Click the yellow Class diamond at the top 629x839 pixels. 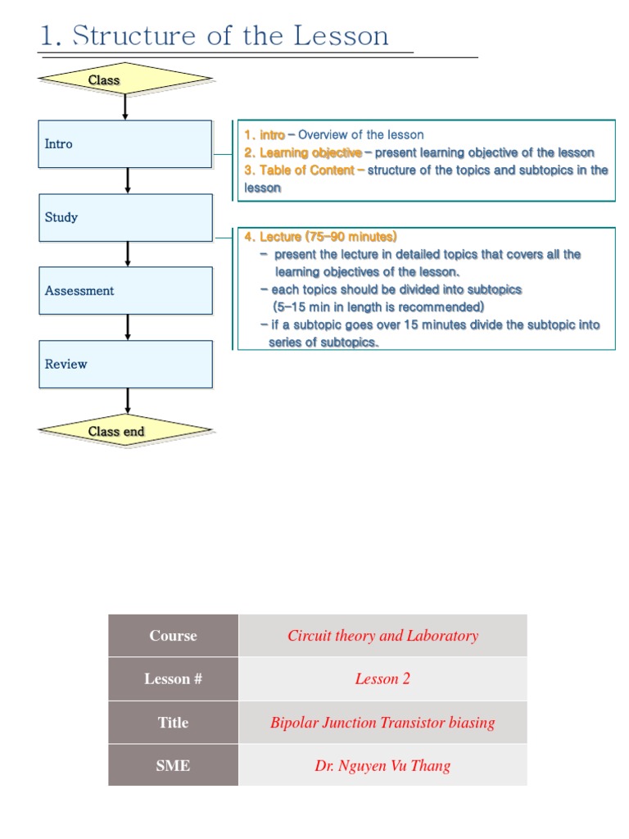pyautogui.click(x=125, y=79)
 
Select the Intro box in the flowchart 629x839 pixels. pyautogui.click(x=125, y=144)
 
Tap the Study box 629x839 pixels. pyautogui.click(x=125, y=217)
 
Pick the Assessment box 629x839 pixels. pyautogui.click(x=125, y=291)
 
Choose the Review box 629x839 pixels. pyautogui.click(x=125, y=364)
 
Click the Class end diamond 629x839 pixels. pyautogui.click(x=125, y=431)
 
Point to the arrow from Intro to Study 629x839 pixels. pyautogui.click(x=128, y=180)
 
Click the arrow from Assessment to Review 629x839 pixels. pyautogui.click(x=128, y=327)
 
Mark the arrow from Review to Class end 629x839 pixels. pyautogui.click(x=128, y=401)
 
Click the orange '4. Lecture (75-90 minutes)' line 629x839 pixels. pyautogui.click(x=320, y=237)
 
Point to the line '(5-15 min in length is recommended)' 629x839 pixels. pyautogui.click(x=378, y=306)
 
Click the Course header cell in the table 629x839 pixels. pyautogui.click(x=173, y=636)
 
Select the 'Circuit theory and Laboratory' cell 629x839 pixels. pyautogui.click(x=382, y=636)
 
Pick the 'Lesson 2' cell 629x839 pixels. pyautogui.click(x=382, y=678)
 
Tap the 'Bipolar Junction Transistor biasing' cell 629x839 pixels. pyautogui.click(x=382, y=723)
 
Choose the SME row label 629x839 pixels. pyautogui.click(x=173, y=766)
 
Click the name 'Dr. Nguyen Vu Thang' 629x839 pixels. pyautogui.click(x=382, y=766)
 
